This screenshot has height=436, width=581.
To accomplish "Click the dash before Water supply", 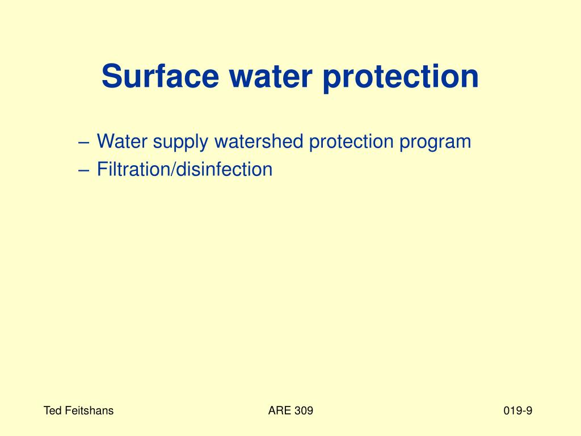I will (x=84, y=142).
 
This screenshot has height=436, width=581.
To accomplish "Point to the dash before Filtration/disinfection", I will (x=84, y=170).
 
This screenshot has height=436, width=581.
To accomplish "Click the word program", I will (x=435, y=142).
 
